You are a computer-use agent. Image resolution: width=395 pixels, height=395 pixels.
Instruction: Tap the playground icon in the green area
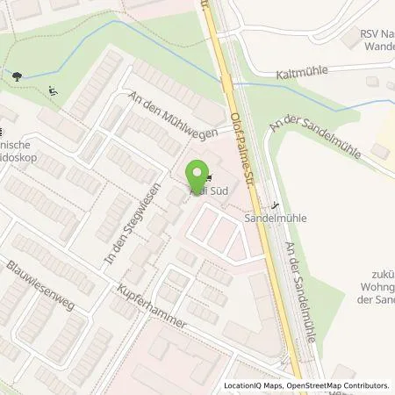coord(54,88)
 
